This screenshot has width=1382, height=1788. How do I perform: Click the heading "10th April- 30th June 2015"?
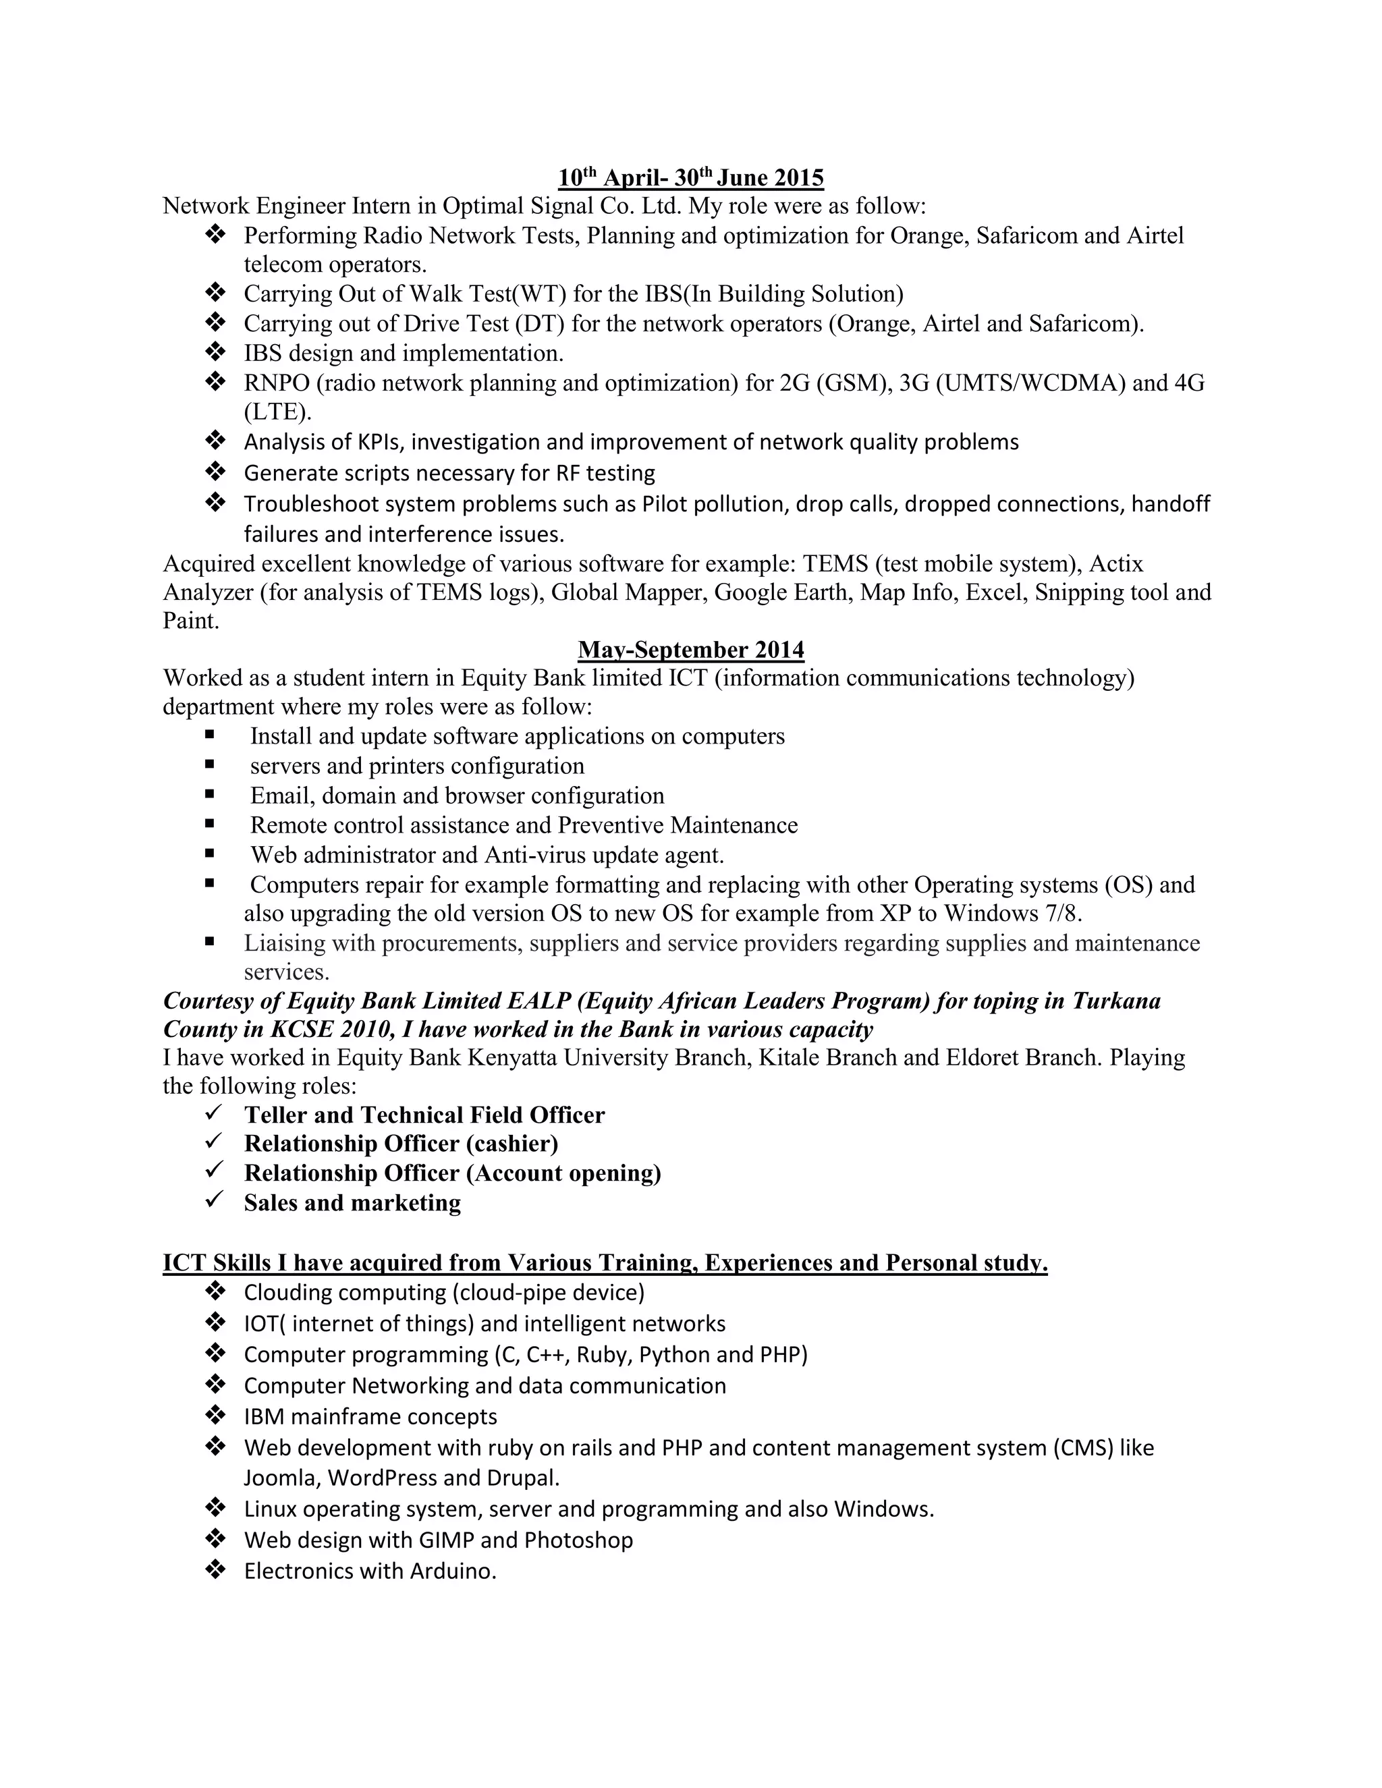(x=690, y=177)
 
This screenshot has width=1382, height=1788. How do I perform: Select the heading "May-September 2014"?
(x=690, y=649)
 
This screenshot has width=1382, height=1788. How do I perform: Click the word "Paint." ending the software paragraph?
(x=191, y=621)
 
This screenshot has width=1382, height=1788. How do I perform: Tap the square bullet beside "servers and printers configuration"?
(x=211, y=764)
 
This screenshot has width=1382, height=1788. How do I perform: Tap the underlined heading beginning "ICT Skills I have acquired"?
(x=605, y=1262)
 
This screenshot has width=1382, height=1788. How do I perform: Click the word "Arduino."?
(x=453, y=1571)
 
